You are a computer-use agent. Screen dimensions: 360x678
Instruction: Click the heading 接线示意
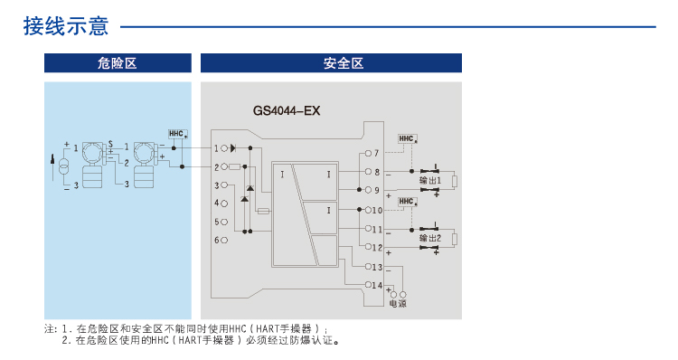point(65,27)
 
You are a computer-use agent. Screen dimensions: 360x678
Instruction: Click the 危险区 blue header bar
point(118,63)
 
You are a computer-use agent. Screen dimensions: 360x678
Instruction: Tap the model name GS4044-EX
point(287,111)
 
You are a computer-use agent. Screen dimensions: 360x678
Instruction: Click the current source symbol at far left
point(64,167)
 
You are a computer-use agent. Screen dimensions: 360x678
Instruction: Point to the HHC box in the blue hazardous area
point(176,134)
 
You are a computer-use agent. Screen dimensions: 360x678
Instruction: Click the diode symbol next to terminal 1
point(233,147)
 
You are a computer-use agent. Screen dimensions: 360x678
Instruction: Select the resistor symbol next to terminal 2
point(234,166)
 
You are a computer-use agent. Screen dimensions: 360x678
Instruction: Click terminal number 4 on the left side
point(217,203)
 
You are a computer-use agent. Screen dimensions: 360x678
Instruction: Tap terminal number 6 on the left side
point(217,240)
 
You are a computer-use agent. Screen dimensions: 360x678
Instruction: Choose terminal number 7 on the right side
point(376,153)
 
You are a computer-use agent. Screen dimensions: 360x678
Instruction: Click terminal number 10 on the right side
point(377,210)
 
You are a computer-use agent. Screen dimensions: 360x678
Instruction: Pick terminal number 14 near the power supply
point(377,285)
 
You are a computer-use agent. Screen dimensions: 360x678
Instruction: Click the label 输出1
point(430,181)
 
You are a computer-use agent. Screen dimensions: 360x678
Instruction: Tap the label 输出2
point(430,238)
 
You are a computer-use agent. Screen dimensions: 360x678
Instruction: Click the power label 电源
point(397,304)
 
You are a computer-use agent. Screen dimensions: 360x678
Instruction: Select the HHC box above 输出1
point(406,139)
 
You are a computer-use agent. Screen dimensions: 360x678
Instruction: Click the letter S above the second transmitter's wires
point(109,144)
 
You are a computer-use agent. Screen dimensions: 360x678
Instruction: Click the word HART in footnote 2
point(189,341)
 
